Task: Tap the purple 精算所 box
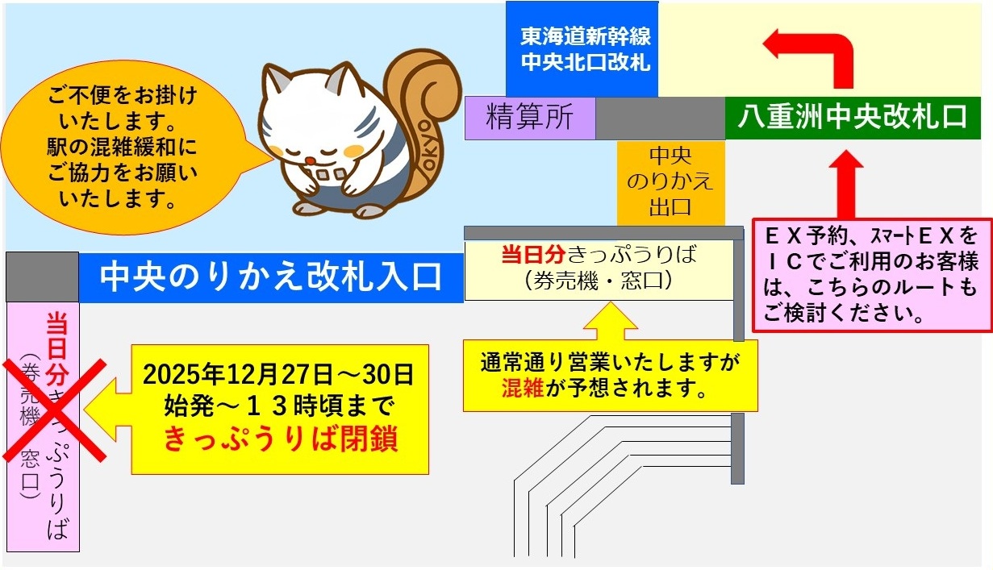coord(530,118)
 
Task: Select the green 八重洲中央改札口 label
coord(852,118)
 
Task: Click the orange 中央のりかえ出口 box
coord(670,182)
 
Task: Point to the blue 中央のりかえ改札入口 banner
coord(271,277)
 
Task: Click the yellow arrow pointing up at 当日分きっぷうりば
coord(611,320)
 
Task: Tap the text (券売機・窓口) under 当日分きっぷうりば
coord(598,282)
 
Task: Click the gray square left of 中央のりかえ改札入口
coord(42,277)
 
